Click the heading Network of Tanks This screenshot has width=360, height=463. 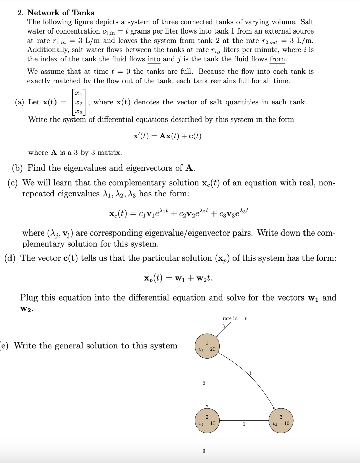tap(61, 13)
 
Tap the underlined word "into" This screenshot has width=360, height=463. tap(154, 59)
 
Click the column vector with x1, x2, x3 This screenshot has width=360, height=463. tap(79, 102)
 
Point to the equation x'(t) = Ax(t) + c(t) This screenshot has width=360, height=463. tap(167, 136)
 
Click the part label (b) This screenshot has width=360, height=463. tap(18, 168)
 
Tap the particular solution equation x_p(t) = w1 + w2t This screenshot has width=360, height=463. tap(178, 278)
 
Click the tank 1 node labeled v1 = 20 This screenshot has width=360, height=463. tap(207, 346)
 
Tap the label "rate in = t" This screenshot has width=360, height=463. tap(234, 318)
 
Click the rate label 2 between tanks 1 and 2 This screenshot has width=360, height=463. tap(204, 383)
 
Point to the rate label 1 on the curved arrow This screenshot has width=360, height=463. tap(251, 373)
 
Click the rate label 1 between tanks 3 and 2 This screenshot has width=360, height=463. tap(244, 424)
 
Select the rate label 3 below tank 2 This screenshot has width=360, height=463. tap(204, 450)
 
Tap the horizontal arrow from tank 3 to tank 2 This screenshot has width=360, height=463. tap(244, 420)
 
